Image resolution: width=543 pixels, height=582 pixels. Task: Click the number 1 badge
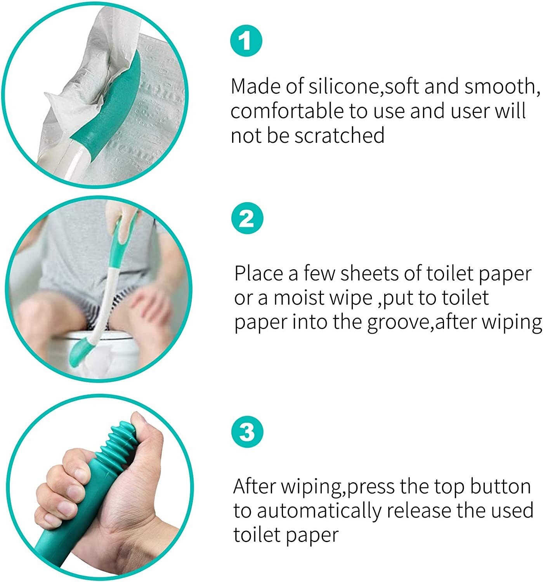click(x=246, y=40)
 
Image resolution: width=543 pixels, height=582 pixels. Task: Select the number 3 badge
click(x=247, y=431)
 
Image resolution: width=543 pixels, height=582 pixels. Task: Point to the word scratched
click(x=339, y=136)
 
